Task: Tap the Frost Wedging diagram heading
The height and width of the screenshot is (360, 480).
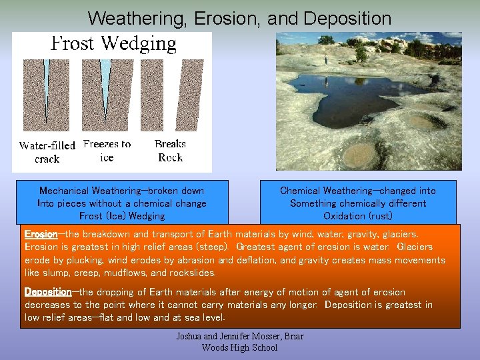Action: pyautogui.click(x=114, y=44)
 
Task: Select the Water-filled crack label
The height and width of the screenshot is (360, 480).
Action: pyautogui.click(x=47, y=152)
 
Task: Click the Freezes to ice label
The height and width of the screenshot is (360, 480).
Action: pyautogui.click(x=107, y=151)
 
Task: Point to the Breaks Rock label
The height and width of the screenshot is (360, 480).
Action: pyautogui.click(x=170, y=151)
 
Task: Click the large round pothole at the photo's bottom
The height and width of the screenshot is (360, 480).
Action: pyautogui.click(x=361, y=155)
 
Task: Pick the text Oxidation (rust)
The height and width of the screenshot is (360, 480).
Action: pyautogui.click(x=358, y=216)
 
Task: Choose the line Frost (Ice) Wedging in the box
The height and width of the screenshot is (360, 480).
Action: pyautogui.click(x=121, y=216)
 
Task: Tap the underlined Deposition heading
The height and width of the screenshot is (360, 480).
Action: pyautogui.click(x=47, y=292)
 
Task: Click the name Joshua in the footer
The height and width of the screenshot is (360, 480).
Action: pyautogui.click(x=191, y=336)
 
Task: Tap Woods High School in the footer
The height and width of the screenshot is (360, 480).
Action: pyautogui.click(x=239, y=347)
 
